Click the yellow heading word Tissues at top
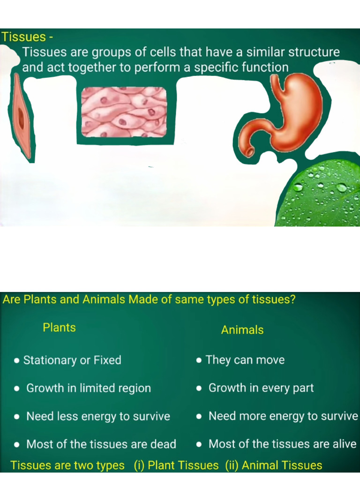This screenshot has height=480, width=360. coord(23,37)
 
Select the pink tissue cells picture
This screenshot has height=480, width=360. coord(124,112)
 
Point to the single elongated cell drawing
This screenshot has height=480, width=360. coord(22,117)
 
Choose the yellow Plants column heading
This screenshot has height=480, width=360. coord(59,328)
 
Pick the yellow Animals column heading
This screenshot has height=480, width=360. coord(242,330)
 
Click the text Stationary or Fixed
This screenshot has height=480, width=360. coord(72,360)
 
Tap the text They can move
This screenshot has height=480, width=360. coord(245,360)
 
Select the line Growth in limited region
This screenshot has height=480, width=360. coord(89,388)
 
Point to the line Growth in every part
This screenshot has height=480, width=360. coord(261,388)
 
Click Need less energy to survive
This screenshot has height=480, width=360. coord(98,416)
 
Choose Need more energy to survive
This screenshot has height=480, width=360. coord(283,416)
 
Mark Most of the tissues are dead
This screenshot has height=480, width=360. coord(101,444)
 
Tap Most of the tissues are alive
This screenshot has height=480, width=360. coord(282,444)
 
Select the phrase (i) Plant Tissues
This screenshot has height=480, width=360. coord(176,465)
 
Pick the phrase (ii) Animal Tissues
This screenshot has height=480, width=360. coord(274,465)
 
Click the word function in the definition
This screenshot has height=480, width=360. coord(265,67)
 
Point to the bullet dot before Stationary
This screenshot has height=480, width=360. coord(17,360)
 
